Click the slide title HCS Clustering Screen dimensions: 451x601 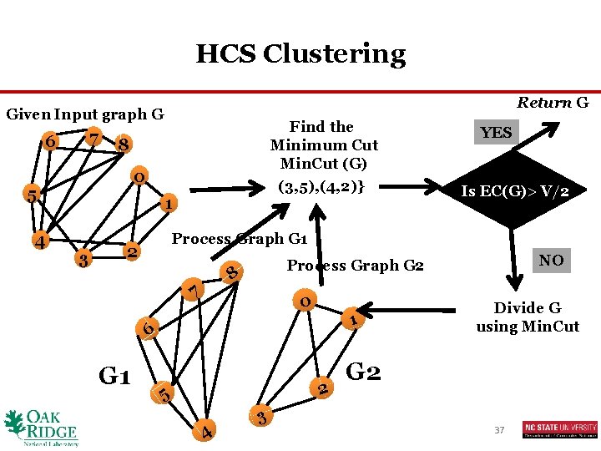coord(300,54)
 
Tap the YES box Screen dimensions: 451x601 coord(496,133)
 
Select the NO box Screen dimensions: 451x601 coord(551,261)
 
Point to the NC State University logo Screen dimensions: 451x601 coord(560,429)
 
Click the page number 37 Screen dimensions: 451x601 coord(500,429)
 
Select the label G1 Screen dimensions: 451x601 coord(114,377)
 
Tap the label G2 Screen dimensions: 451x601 coord(363,371)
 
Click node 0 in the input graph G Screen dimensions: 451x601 coord(140,177)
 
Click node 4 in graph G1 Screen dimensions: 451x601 coord(205,431)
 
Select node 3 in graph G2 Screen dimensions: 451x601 coord(261,417)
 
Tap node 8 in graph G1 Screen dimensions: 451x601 coord(233,272)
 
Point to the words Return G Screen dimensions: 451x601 coord(553,103)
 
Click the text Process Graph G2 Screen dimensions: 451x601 coord(356,266)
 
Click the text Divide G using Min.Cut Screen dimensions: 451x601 coord(528,317)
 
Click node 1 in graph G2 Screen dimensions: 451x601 coord(354,318)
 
